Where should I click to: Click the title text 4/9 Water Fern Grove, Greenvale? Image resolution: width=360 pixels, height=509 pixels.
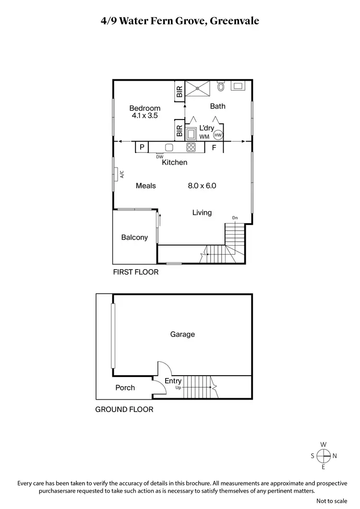pos(180,22)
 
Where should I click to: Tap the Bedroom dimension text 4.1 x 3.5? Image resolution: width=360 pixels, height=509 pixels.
pos(144,116)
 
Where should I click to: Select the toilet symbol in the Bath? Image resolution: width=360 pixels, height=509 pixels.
pos(221,87)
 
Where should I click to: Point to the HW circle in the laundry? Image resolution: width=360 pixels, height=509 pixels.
pos(218,136)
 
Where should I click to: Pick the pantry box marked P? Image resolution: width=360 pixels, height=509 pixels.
pos(142,147)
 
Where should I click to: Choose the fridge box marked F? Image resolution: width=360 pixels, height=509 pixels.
pos(214,147)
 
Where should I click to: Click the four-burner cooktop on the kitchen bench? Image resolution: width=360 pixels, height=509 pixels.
pos(191,147)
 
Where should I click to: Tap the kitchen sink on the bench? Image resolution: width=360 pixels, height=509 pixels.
pos(169,147)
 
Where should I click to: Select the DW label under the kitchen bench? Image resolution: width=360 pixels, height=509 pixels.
pos(159,156)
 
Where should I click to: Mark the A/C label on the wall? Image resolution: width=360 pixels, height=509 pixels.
pos(122,175)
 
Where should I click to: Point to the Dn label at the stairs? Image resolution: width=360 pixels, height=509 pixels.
pos(235,218)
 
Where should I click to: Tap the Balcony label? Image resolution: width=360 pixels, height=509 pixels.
pos(134,237)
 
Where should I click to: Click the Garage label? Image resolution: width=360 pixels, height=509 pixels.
pos(182,334)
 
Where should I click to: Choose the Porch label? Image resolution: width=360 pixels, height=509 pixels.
pos(125,388)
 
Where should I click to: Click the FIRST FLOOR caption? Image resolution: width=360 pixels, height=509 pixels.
pos(135,272)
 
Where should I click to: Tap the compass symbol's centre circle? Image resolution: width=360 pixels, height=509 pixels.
pos(324,456)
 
